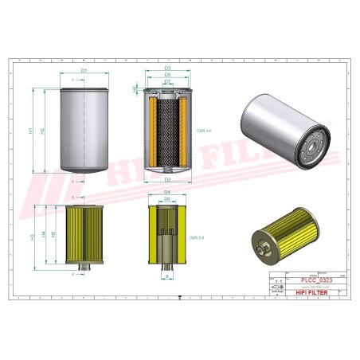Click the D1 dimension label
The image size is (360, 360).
(x=83, y=72)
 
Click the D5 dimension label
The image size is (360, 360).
(x=167, y=76)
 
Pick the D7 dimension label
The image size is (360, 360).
(x=167, y=83)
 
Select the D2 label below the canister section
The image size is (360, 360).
(x=167, y=179)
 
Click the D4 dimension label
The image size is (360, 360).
(x=167, y=192)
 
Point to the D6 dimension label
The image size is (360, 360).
(x=167, y=199)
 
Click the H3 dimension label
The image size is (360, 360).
(x=32, y=237)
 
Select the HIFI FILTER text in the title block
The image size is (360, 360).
(x=311, y=294)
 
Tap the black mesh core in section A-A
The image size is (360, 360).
(x=167, y=131)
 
